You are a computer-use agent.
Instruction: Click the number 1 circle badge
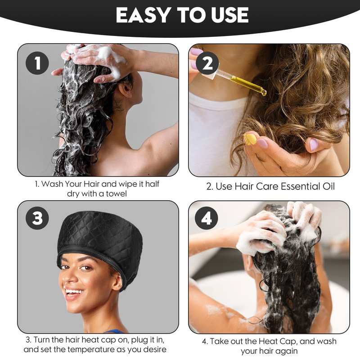click(x=37, y=63)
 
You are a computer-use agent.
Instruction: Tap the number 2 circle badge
click(x=207, y=63)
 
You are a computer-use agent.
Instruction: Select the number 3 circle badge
click(x=37, y=218)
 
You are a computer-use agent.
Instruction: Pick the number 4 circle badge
click(x=207, y=218)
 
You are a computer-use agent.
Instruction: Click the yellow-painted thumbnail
click(x=250, y=139)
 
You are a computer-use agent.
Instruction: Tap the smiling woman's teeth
click(x=74, y=292)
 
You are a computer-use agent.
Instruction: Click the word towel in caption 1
click(x=116, y=194)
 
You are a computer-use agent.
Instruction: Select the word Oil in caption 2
click(x=328, y=186)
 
